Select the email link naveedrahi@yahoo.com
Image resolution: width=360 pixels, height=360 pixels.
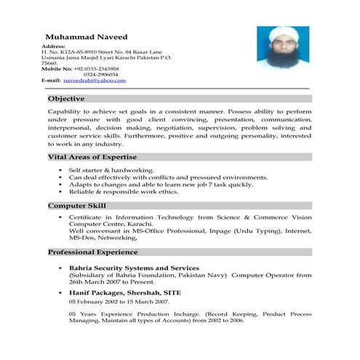(95, 80)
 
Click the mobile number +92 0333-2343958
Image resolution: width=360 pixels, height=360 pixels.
(99, 68)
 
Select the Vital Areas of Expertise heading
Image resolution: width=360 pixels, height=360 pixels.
(92, 157)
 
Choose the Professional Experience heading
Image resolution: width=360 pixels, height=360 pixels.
(92, 252)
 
